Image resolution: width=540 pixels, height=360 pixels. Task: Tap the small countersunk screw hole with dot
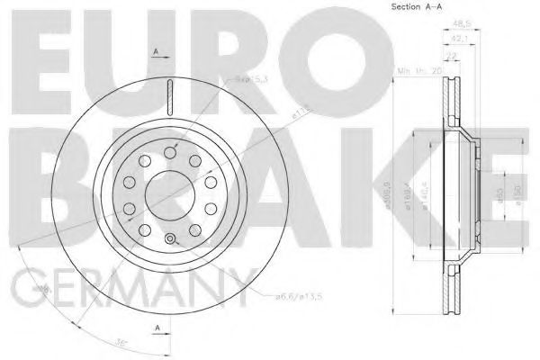pos(168,238)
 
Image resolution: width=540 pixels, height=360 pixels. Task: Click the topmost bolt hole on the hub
pos(168,154)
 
